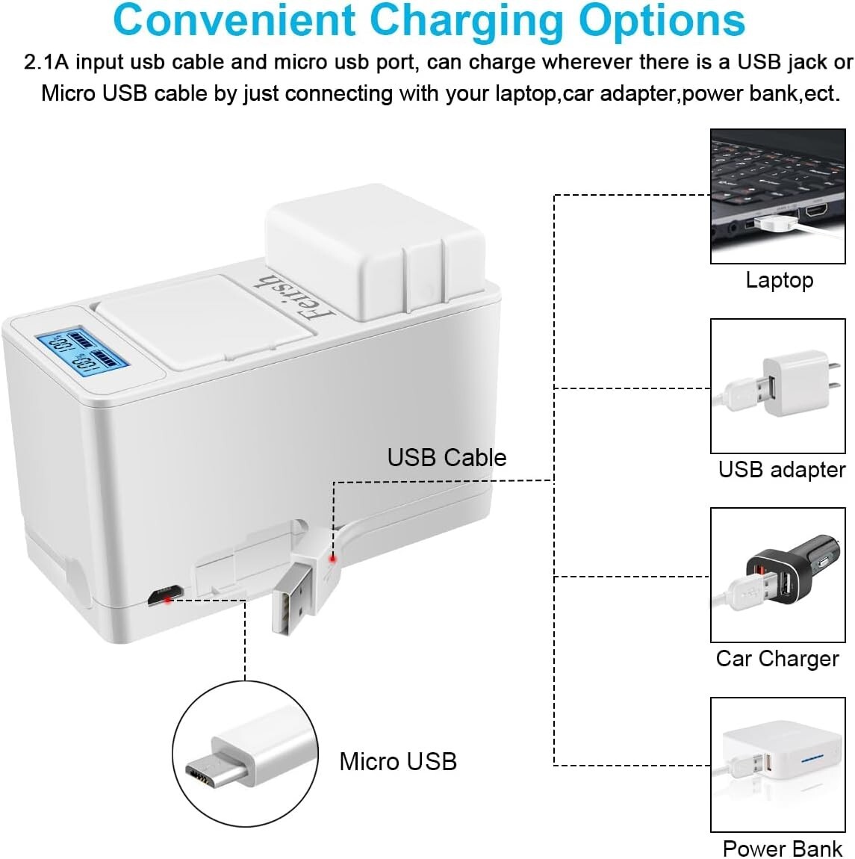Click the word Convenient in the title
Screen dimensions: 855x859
[234, 21]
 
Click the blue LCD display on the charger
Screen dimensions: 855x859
[82, 348]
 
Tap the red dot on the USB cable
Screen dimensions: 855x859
[333, 558]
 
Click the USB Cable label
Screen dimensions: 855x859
[447, 457]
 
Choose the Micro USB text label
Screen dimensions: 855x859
[397, 761]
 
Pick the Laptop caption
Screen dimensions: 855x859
[779, 280]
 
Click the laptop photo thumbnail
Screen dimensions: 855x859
[777, 196]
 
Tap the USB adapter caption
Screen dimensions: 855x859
[781, 470]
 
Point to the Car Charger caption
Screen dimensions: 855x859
[777, 659]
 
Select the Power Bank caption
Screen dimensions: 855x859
[782, 849]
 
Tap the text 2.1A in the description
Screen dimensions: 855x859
[46, 62]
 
